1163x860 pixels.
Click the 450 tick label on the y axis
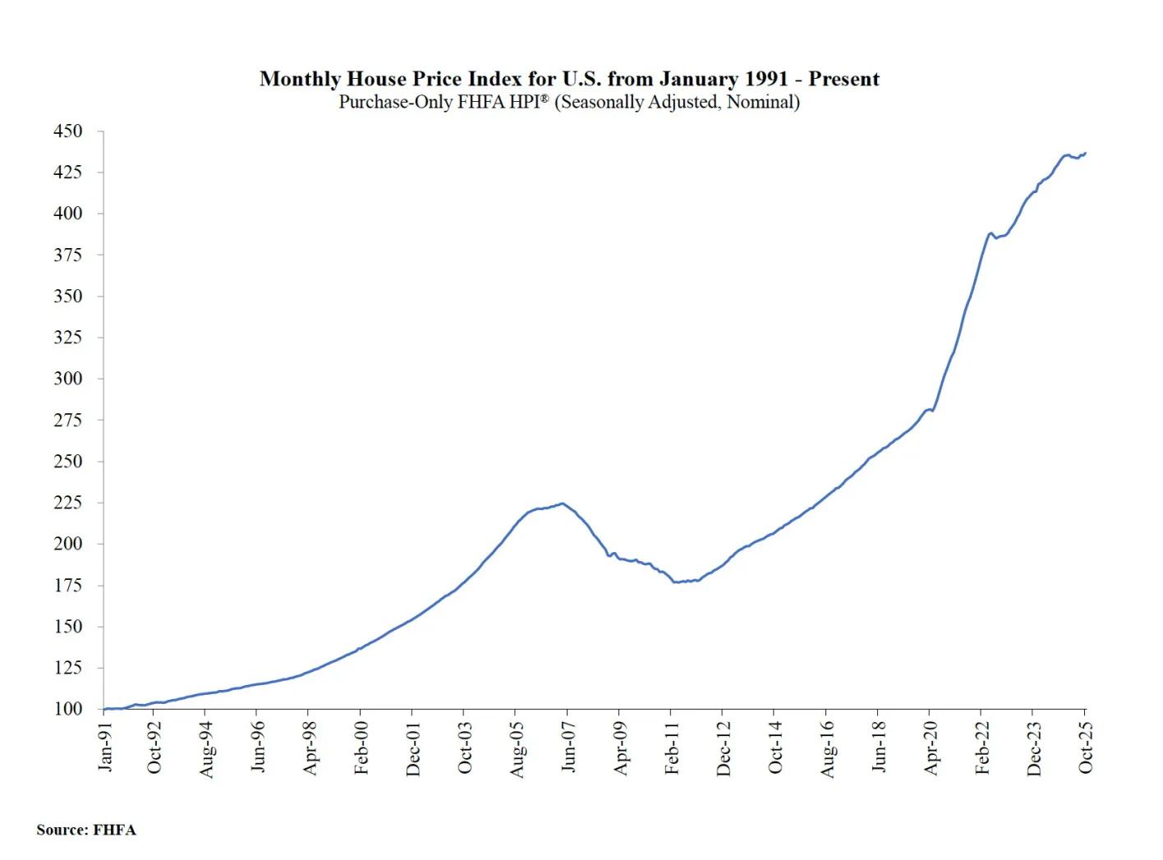click(67, 131)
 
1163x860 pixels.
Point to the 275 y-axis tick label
click(67, 420)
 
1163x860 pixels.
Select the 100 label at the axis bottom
click(67, 709)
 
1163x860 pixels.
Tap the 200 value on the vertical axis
click(67, 544)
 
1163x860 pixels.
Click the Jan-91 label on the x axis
click(105, 747)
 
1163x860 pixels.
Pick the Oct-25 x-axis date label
click(1086, 747)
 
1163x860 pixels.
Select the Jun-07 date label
click(568, 747)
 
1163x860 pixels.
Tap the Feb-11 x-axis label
click(672, 747)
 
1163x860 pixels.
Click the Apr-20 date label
click(931, 747)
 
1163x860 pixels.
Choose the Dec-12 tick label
click(724, 747)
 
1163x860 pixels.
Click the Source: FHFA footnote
click(86, 830)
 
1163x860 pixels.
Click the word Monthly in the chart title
click(300, 79)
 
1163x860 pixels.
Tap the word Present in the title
click(844, 79)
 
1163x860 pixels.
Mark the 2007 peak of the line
click(563, 504)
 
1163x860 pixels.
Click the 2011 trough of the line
click(675, 582)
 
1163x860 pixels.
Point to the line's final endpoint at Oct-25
click(1085, 153)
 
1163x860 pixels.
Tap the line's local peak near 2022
click(991, 233)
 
